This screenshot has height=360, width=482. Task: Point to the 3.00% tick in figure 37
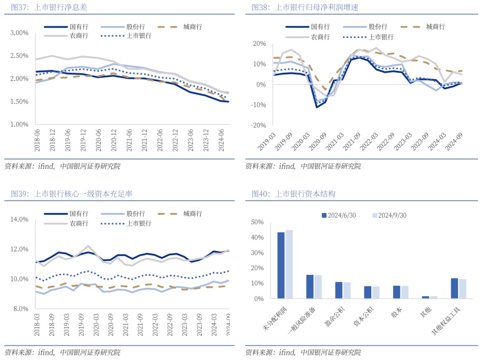pos(19,33)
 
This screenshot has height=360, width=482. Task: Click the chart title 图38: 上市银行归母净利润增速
pos(305,7)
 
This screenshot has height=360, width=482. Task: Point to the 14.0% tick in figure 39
pos(19,219)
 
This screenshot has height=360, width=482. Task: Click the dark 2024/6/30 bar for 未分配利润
pos(281,265)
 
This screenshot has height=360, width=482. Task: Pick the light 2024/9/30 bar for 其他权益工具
pos(462,289)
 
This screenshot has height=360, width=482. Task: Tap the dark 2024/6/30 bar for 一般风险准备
pos(310,287)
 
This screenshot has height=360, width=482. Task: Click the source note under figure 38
pos(303,166)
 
